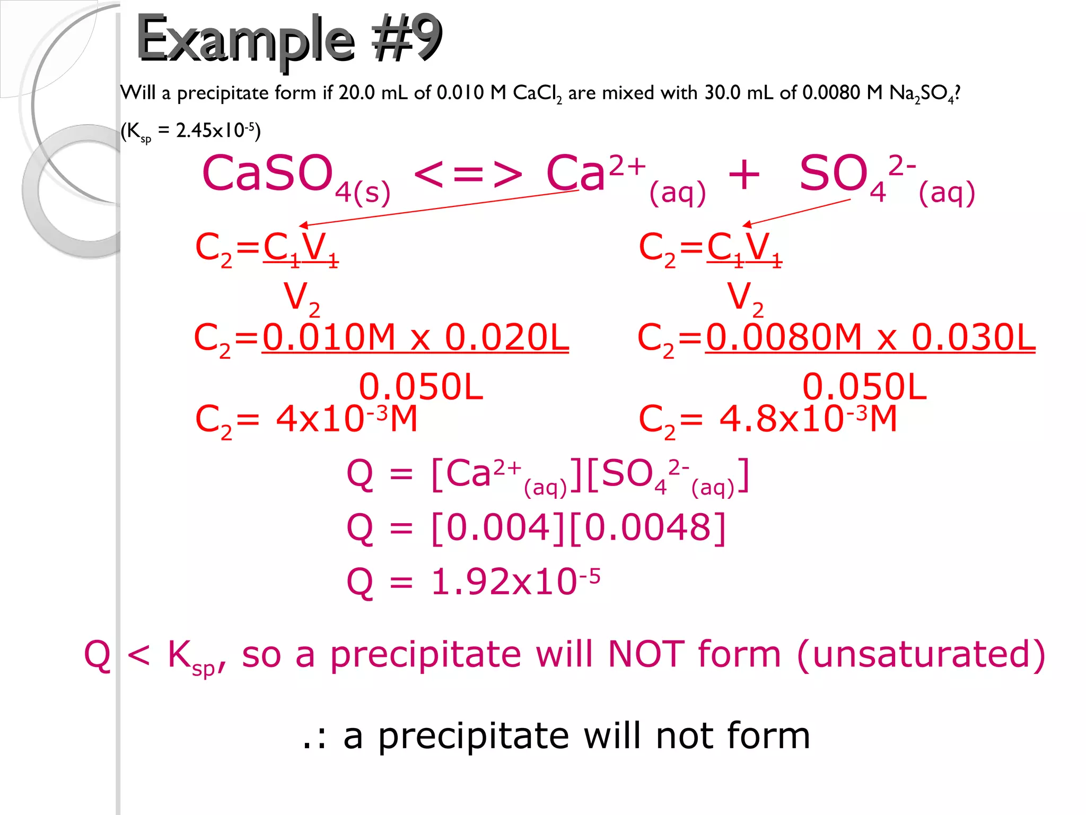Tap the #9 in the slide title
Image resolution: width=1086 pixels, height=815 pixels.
tap(406, 38)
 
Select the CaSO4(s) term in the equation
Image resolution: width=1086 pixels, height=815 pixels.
tap(295, 178)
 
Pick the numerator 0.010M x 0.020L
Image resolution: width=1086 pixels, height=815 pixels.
tap(415, 337)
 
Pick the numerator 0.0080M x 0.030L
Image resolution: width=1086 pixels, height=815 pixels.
tap(870, 337)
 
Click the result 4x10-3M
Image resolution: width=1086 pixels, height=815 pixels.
tap(346, 419)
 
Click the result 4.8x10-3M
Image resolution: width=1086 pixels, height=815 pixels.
tap(808, 419)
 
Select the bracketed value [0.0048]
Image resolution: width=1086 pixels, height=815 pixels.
tap(647, 528)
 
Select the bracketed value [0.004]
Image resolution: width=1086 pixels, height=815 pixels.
tap(498, 528)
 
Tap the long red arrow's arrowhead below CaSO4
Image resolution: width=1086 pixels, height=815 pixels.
tap(303, 226)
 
